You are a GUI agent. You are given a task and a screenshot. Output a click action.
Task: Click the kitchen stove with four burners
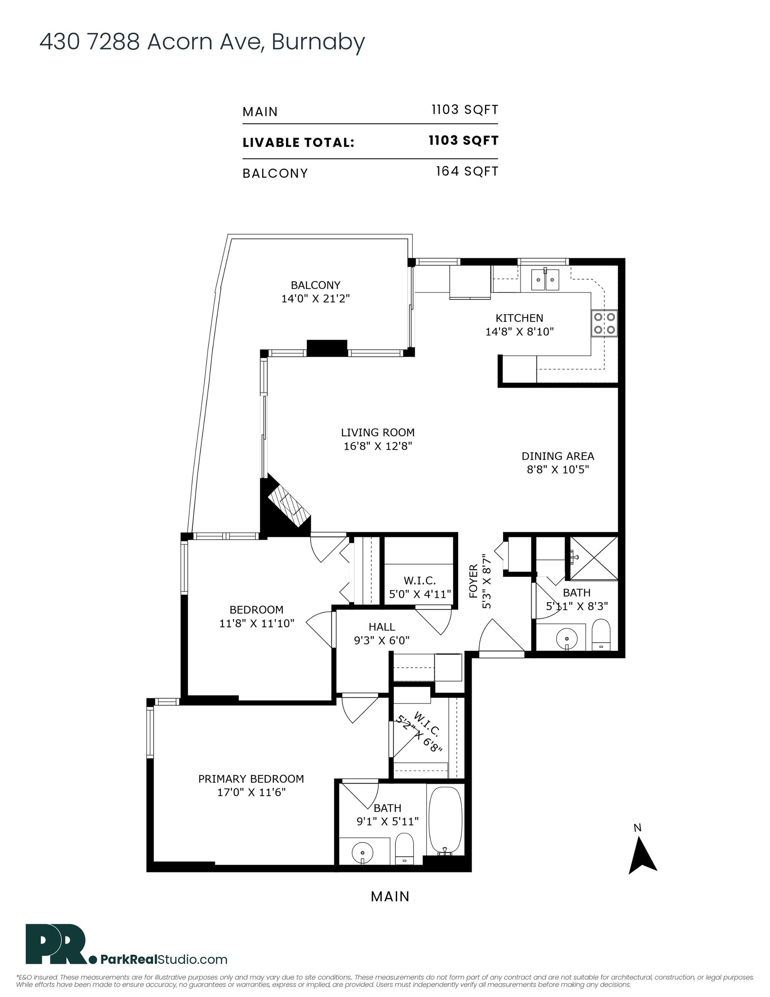pos(604,323)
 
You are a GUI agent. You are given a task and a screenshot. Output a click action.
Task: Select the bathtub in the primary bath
pos(445,820)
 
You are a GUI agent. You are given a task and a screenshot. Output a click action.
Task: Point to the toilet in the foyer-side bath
pos(601,634)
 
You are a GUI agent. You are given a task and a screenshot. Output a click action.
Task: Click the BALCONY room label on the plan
pos(315,285)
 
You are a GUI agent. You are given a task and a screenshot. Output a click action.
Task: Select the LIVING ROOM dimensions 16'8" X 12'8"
pos(378,446)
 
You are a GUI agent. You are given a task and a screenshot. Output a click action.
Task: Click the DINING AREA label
pos(558,456)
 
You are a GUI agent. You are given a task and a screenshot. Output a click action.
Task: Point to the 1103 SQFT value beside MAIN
pos(465,109)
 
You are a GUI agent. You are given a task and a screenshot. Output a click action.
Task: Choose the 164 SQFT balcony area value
pos(467,171)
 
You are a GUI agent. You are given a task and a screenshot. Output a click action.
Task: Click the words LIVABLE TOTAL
pos(298,142)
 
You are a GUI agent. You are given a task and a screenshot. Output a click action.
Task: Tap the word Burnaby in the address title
pos(318,42)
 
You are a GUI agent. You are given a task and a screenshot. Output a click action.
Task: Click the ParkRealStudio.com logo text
pos(164,959)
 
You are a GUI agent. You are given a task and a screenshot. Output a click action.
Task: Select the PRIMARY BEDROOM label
pos(251,779)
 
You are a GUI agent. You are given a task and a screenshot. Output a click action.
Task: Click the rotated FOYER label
pos(473,582)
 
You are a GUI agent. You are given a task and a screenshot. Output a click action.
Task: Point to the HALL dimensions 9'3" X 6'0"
pos(382,640)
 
